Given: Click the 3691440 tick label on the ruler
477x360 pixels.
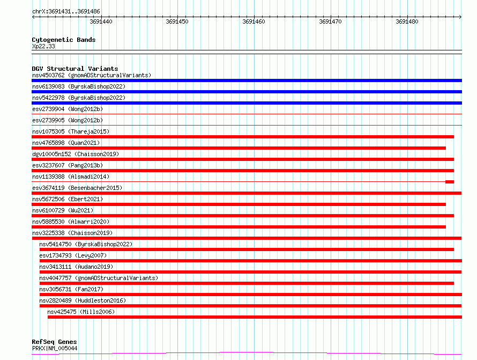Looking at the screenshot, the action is coord(101,21).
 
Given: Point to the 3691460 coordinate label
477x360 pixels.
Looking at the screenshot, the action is coord(254,21).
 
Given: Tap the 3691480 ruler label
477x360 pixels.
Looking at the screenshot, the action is coord(407,21).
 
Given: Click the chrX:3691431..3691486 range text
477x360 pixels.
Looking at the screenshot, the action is coord(66,11).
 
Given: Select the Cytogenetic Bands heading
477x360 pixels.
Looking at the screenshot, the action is coord(64,40).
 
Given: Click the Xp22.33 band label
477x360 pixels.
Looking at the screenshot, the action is coord(43,46).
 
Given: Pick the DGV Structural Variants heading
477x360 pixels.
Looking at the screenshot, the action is coord(75,69).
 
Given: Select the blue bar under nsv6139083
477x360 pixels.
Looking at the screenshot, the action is coord(247,92).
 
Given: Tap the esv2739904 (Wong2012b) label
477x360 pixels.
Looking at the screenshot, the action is coord(68,109).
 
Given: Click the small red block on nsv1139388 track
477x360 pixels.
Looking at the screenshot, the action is coord(450,182).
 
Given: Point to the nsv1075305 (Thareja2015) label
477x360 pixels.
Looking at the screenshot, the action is coord(71,131).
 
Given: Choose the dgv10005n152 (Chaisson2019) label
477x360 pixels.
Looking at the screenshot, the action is coord(76,154).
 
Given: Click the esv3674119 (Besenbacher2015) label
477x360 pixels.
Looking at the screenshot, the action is coord(77,188).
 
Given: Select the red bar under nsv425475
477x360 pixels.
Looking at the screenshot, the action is coord(255,317).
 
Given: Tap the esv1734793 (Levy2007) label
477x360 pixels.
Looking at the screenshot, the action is coord(73,255).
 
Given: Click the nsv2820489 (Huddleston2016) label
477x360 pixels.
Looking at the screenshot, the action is coord(83,300).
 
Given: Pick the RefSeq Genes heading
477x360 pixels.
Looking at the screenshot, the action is coord(54,342).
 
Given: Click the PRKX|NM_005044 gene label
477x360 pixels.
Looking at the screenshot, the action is coord(55,348).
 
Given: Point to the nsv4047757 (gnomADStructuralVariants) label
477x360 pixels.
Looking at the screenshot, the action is coord(99,278).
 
